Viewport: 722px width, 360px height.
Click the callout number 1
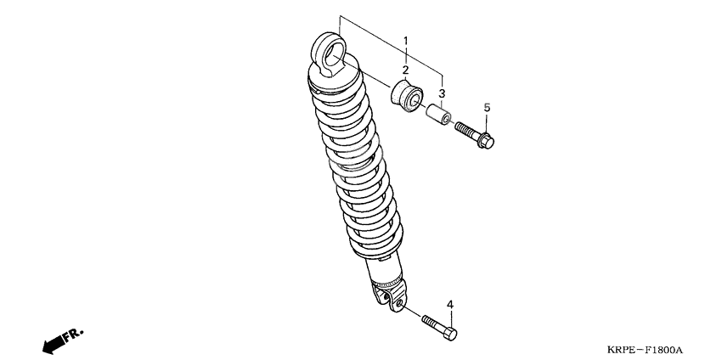click(406, 41)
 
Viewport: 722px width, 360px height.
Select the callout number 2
click(406, 70)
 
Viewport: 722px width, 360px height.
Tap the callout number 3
click(442, 93)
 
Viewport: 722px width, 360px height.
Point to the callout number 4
click(450, 304)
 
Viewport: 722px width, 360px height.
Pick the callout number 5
click(488, 108)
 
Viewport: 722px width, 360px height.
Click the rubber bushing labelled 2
click(407, 96)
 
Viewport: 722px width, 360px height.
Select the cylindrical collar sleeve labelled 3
click(438, 114)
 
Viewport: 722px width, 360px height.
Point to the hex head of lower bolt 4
click(450, 334)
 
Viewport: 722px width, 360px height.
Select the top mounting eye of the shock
click(329, 54)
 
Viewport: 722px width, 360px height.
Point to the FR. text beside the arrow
click(74, 335)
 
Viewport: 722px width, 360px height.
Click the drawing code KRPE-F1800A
click(644, 350)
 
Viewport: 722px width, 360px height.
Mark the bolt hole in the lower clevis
click(400, 303)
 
